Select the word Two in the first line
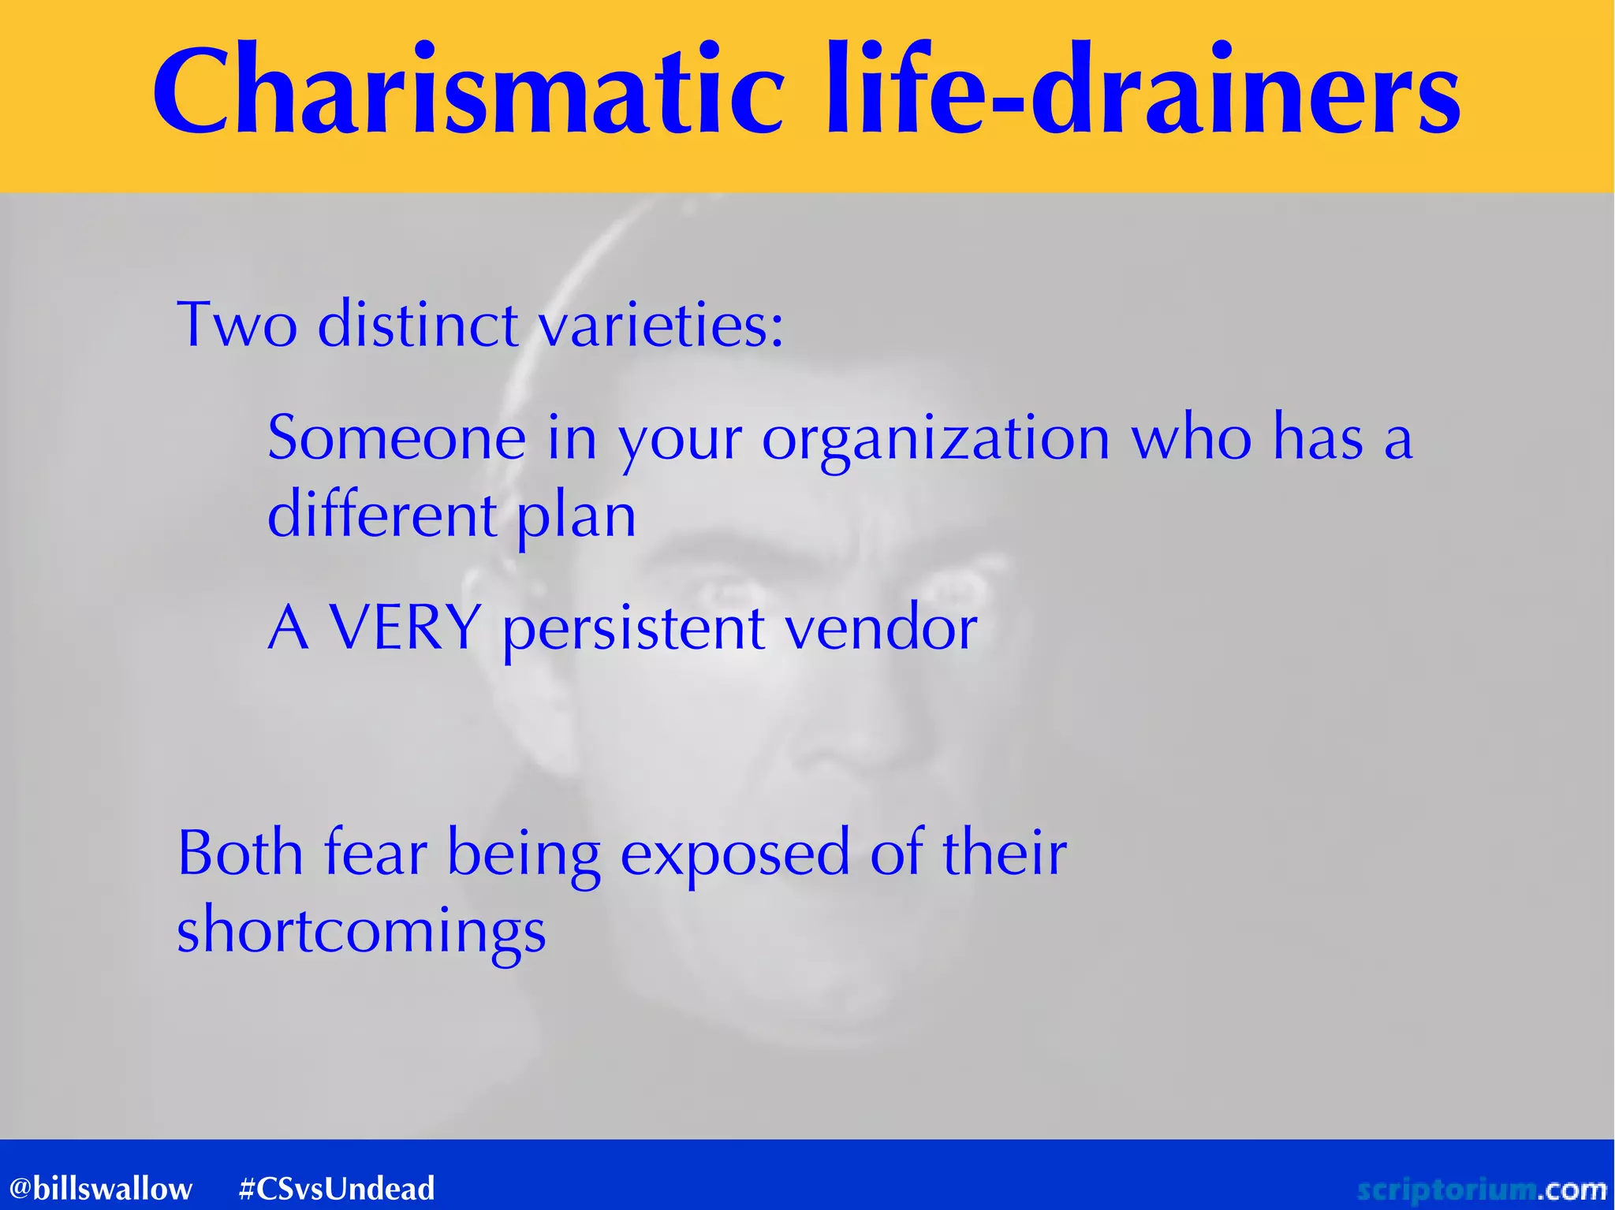tap(237, 324)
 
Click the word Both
tap(241, 853)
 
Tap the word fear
tap(375, 853)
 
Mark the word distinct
tap(418, 324)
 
